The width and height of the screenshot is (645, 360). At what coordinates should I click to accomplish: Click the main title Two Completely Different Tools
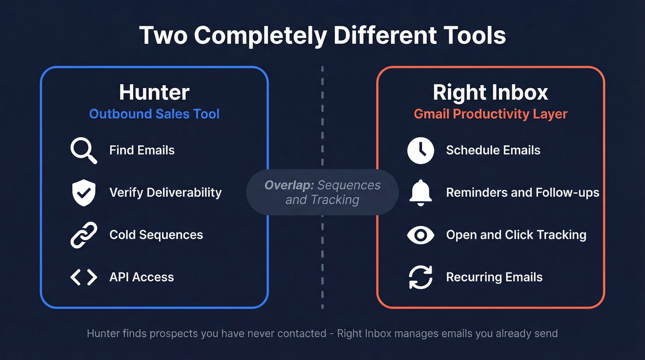click(322, 35)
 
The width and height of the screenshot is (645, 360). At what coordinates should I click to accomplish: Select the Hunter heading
click(154, 92)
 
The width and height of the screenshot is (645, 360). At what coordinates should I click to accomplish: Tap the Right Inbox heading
click(490, 92)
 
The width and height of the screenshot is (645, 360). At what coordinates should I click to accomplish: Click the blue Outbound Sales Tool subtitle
click(154, 114)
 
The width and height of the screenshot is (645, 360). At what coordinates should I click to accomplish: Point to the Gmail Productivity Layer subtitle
click(490, 114)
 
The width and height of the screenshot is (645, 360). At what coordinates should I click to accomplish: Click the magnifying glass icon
click(84, 151)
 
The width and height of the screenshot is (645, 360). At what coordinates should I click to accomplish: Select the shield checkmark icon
click(84, 193)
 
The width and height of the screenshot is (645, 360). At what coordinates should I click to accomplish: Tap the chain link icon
click(84, 235)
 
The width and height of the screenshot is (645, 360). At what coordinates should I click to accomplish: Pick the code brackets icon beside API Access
click(84, 277)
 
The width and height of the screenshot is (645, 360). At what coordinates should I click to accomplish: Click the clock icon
click(421, 150)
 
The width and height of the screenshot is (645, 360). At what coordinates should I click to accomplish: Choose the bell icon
click(421, 192)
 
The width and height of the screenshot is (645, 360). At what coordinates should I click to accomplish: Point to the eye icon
click(421, 235)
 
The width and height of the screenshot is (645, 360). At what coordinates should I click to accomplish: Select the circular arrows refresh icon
click(421, 277)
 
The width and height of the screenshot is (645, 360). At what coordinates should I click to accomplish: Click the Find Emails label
click(142, 150)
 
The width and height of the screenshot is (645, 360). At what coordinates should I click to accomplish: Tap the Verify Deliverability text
click(165, 192)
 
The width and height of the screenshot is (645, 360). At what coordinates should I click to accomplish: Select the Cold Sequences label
click(156, 235)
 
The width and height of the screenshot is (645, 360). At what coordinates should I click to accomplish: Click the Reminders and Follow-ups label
click(522, 192)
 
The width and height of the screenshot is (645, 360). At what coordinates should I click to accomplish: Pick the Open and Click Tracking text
click(516, 235)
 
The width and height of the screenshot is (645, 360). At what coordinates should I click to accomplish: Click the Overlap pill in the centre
click(322, 192)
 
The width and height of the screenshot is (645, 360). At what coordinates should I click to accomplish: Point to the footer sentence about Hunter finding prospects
click(322, 333)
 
